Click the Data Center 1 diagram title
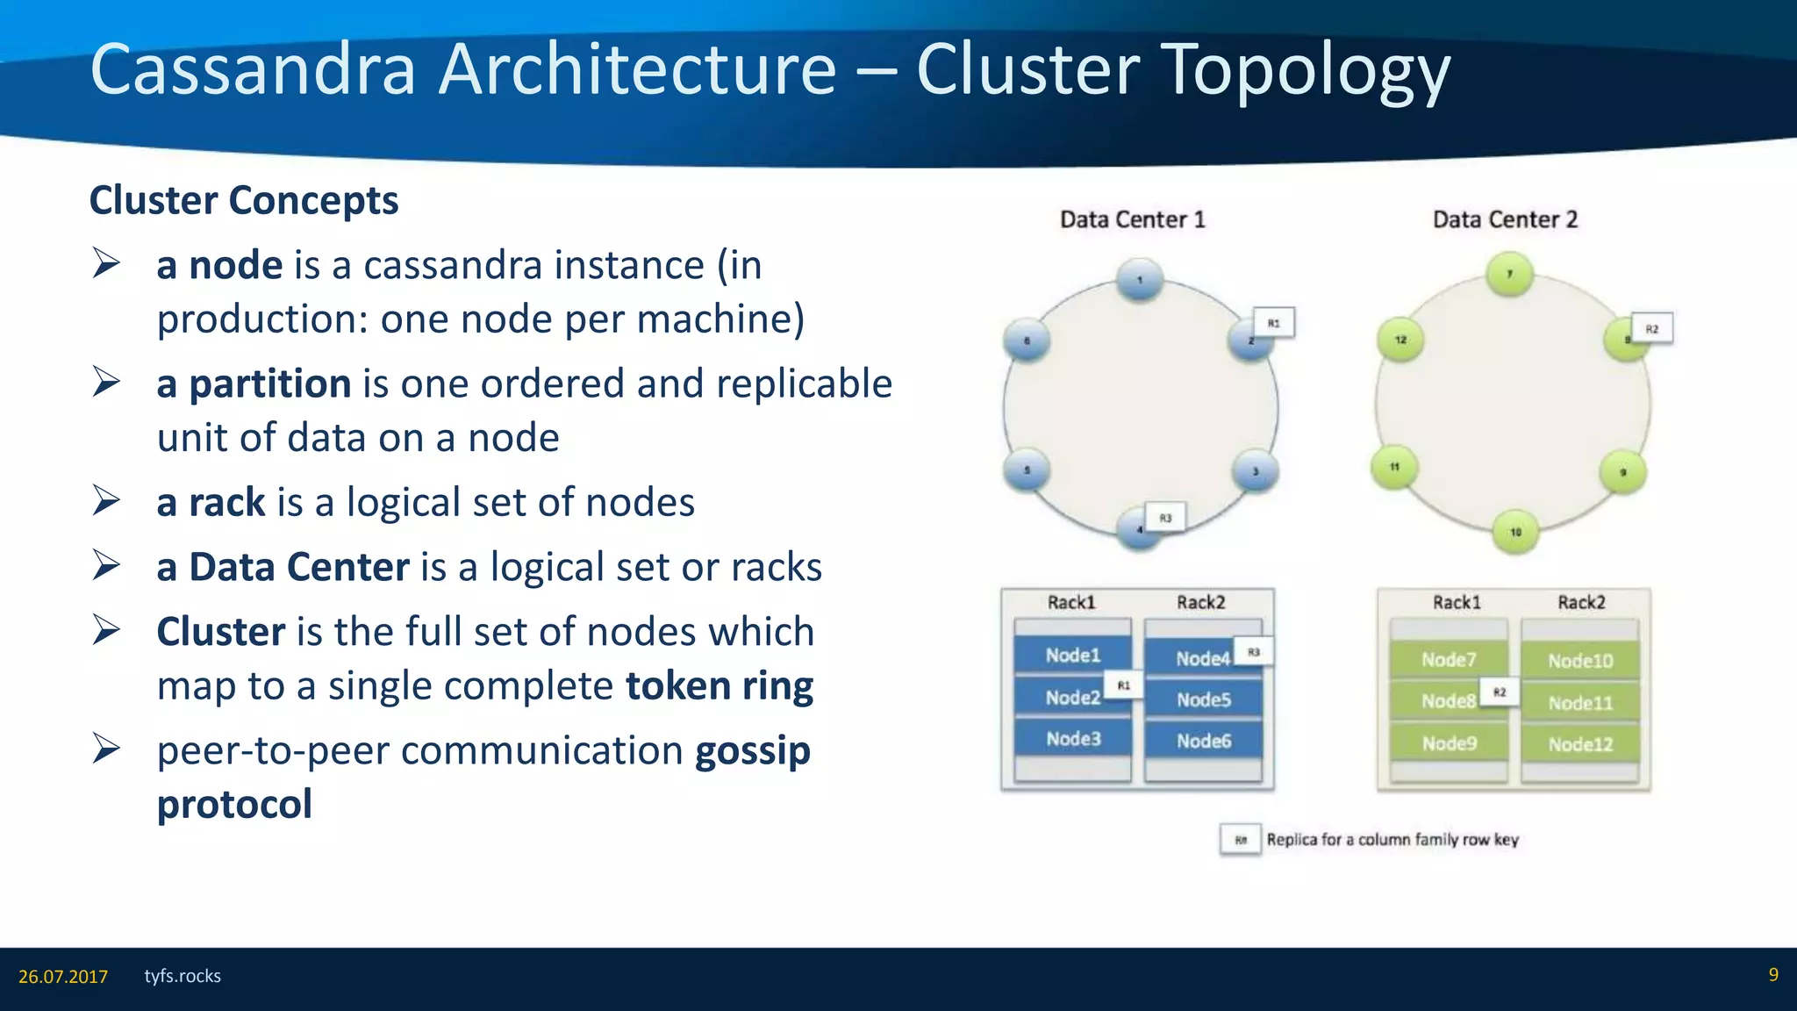click(x=1132, y=219)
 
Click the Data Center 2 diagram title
click(x=1505, y=219)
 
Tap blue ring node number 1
click(x=1140, y=280)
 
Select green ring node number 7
click(x=1509, y=274)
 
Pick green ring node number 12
click(x=1400, y=340)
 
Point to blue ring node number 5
click(x=1027, y=470)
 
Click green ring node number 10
click(x=1515, y=532)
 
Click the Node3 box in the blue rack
click(x=1072, y=739)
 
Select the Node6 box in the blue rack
click(x=1203, y=742)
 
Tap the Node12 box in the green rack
click(x=1579, y=744)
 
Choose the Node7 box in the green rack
click(x=1449, y=660)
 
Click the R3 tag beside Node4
click(x=1253, y=652)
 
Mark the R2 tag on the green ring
click(x=1651, y=329)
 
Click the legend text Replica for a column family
click(x=1392, y=840)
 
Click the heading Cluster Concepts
click(x=244, y=201)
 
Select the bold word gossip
click(x=752, y=751)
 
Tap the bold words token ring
click(x=720, y=686)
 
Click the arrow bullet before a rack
click(x=106, y=501)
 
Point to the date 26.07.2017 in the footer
click(x=63, y=977)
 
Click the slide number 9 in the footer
click(x=1772, y=975)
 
